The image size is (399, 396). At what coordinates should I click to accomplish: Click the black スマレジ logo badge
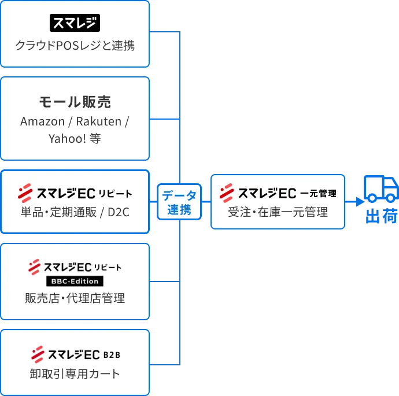point(75,23)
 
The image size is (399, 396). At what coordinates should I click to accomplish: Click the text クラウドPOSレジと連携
point(75,45)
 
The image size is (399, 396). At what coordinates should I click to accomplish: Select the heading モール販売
point(75,102)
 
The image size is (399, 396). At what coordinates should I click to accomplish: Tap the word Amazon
point(42,121)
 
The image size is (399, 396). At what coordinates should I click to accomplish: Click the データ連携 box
point(179,202)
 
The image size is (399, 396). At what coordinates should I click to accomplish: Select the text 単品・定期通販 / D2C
point(75,212)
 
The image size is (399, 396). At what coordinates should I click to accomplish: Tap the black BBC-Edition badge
point(75,281)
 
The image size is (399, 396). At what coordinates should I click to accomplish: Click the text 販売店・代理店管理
point(75,298)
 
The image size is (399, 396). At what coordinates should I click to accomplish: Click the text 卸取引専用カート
point(75,373)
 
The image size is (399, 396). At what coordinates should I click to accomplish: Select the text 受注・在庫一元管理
point(278,212)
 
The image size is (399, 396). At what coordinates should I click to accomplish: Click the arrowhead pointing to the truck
point(360,202)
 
